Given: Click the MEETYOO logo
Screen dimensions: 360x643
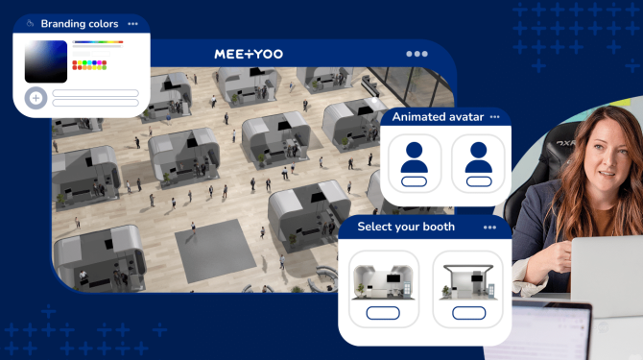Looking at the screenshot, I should click(249, 54).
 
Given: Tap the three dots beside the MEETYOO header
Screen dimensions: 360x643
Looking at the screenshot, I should click(417, 54).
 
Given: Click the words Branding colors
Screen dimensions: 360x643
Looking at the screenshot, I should click(80, 23).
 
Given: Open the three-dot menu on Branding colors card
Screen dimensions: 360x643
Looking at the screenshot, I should click(132, 23).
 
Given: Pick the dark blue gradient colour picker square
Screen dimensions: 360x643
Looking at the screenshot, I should click(45, 61).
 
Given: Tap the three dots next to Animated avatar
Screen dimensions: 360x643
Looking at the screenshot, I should click(495, 116).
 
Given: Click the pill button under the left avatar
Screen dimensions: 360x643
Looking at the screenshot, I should click(415, 182).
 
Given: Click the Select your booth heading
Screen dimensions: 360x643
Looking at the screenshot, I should click(406, 227).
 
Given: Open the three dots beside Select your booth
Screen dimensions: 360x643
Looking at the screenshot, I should click(490, 227).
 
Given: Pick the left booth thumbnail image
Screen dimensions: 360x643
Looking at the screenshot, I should click(383, 281).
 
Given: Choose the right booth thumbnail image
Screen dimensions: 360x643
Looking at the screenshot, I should click(466, 281).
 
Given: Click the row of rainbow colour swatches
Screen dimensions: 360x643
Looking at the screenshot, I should click(89, 64).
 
